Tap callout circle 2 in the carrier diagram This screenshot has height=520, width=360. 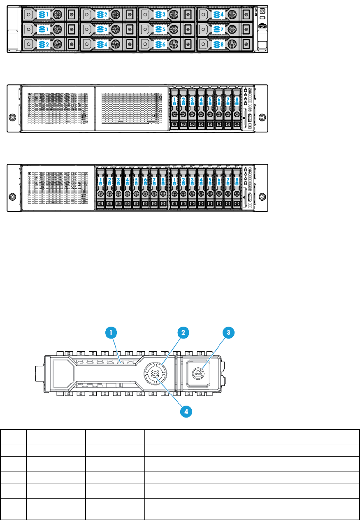183,332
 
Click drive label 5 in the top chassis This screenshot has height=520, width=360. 161,30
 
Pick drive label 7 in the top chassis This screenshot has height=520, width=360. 219,30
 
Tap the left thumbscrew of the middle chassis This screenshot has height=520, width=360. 12,117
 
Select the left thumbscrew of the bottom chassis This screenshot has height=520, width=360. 12,196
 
